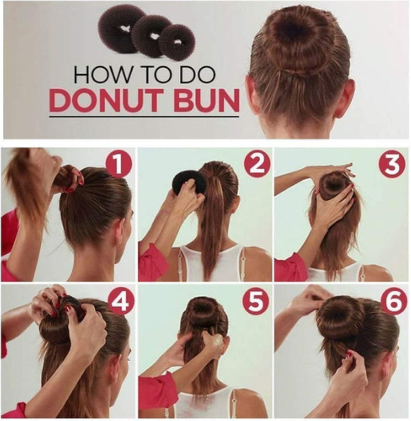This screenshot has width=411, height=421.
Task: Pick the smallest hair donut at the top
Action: [177, 42]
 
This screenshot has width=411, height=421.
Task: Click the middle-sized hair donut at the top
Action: [152, 36]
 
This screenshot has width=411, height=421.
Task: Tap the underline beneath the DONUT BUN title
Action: [144, 116]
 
